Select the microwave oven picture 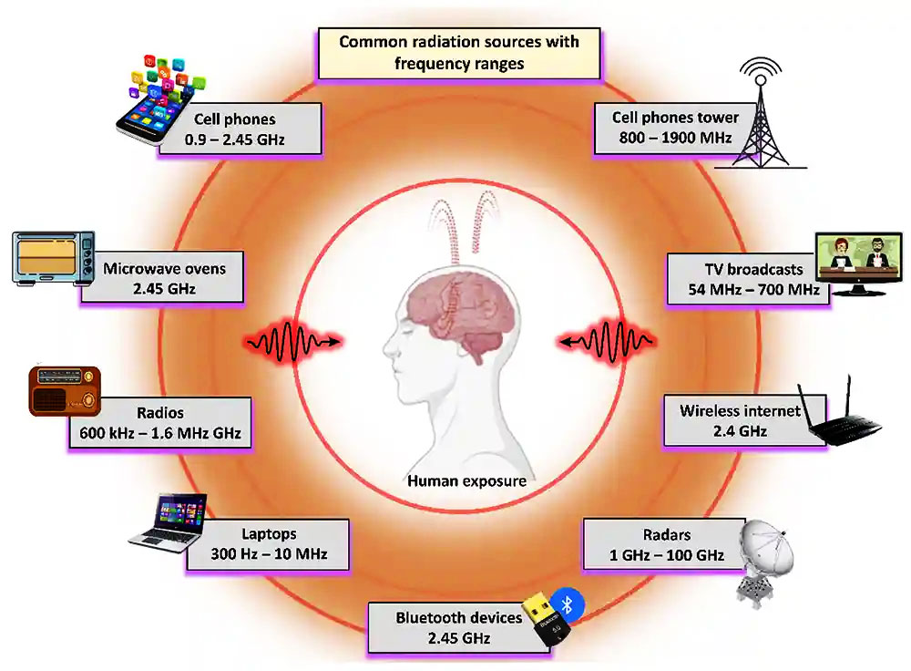54,257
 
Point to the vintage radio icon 65,390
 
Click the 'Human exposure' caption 466,480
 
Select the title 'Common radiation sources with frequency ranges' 458,53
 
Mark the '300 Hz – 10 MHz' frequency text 269,553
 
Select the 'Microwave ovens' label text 164,268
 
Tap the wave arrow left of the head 294,343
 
